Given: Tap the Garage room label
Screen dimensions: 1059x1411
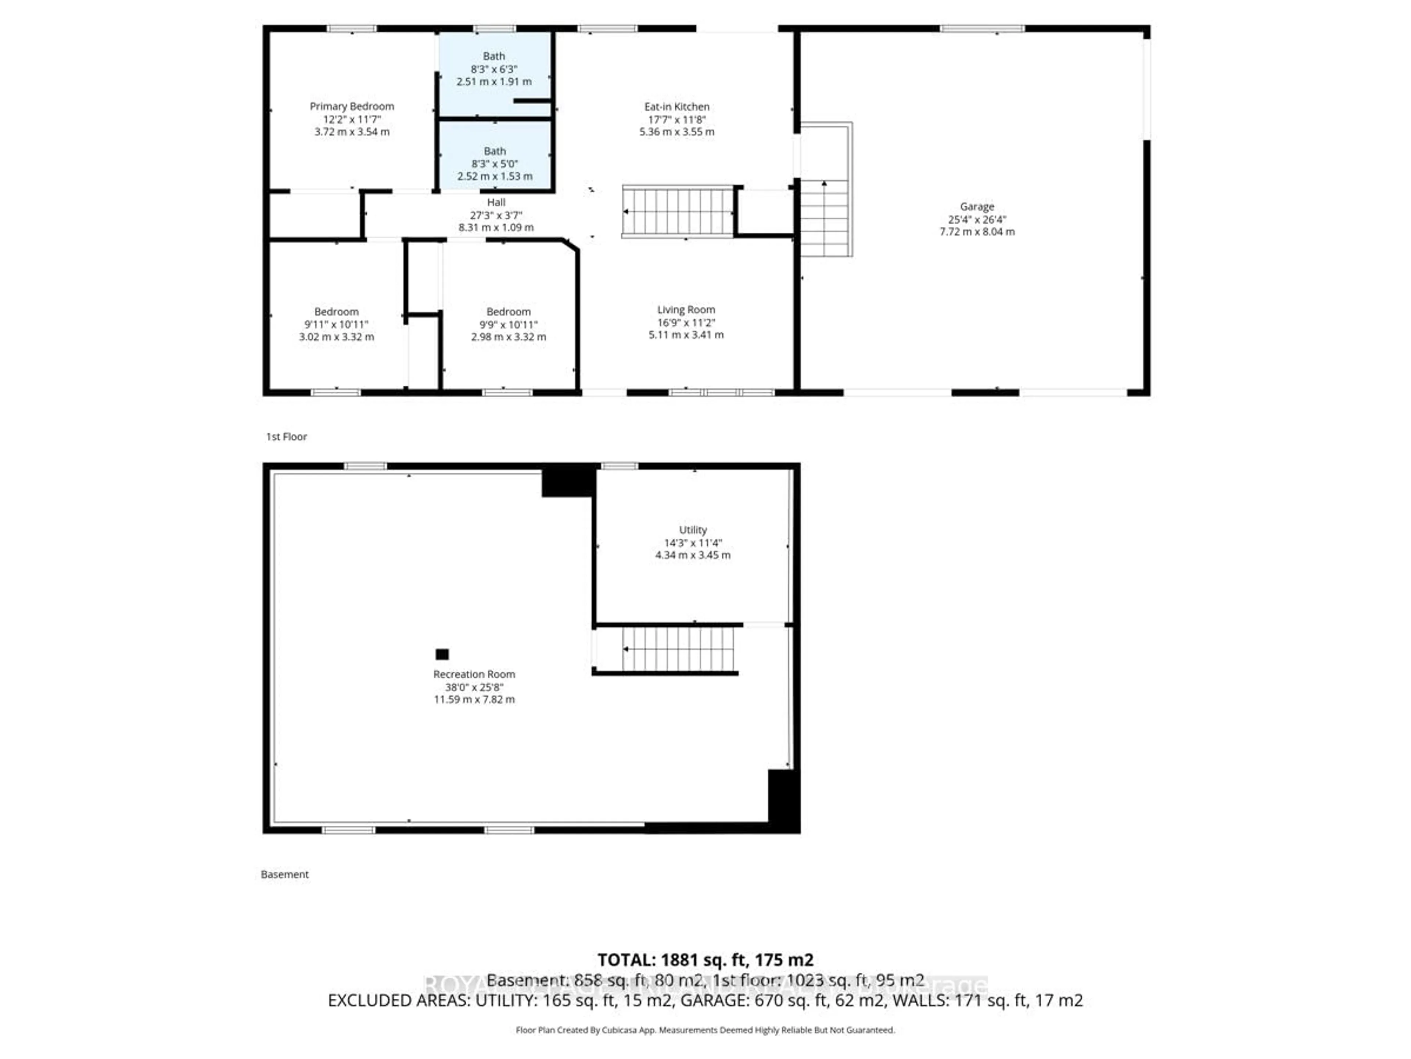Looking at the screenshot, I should coord(977,207).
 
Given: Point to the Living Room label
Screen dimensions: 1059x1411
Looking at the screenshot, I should coord(686,310).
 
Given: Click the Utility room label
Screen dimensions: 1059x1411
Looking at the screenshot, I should coord(693,530).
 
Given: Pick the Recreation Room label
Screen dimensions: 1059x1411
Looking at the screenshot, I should coord(474,674).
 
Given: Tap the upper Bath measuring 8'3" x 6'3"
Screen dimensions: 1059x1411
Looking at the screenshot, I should coord(494,68).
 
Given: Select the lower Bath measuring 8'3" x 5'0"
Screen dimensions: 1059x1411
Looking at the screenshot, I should coord(494,163).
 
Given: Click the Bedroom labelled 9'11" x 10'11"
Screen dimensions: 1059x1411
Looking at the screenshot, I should coord(336,324).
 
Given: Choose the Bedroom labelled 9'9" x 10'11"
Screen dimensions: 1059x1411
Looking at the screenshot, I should coord(509,324).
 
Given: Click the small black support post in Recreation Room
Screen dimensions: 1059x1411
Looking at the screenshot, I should coord(442,654).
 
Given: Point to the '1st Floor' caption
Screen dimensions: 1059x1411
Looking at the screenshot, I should coord(286,436).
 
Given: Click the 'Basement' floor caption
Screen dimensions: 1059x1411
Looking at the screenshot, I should coord(284,874).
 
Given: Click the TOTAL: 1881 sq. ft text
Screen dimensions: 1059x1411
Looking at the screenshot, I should coord(705,960).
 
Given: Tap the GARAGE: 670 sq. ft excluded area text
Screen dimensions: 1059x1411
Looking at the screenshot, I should coord(782,1000).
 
